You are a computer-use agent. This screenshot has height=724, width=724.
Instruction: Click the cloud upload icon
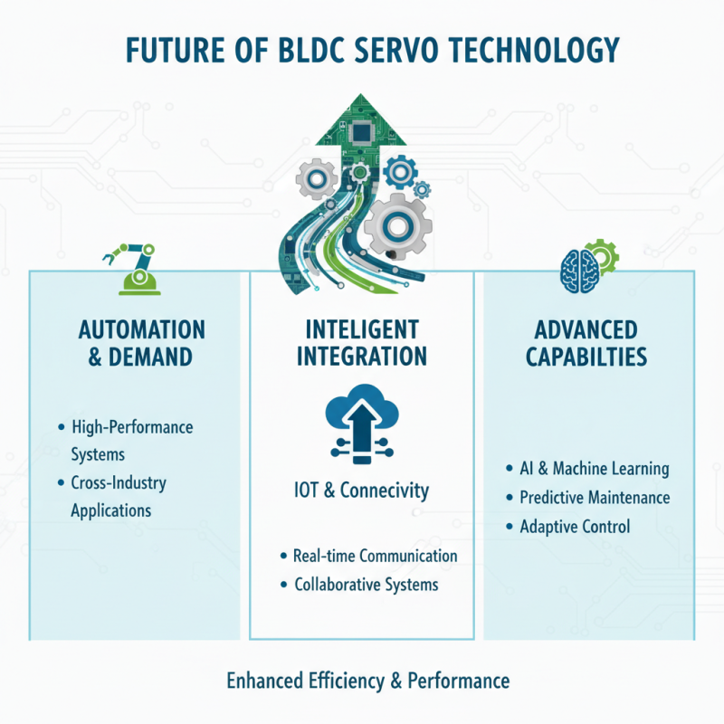362,418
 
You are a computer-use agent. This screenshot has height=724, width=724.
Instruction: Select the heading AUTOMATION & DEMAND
141,342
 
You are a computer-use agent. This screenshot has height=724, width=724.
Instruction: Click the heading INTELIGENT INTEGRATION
362,342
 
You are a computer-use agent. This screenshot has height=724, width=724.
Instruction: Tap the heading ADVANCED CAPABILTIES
586,342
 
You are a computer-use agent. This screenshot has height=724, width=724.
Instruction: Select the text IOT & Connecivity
362,491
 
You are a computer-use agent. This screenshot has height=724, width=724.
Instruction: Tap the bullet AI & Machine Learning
594,469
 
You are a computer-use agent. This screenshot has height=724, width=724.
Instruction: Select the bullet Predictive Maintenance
594,498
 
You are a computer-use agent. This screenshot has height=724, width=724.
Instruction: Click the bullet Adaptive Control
574,527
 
